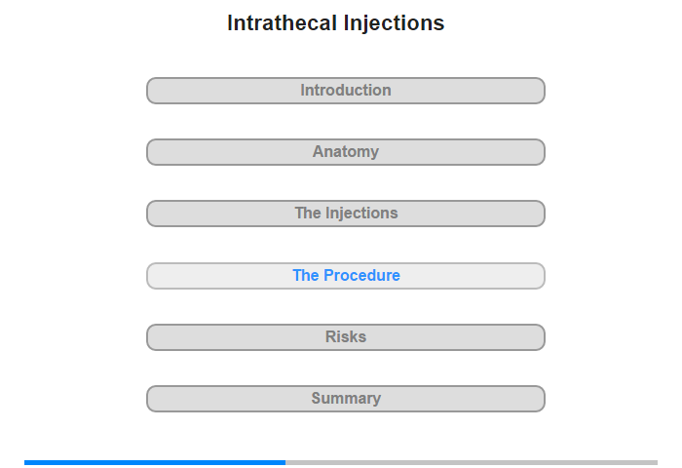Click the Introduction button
pos(346,91)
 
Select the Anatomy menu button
pos(346,152)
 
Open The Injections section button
pos(346,214)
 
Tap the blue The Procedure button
pos(346,276)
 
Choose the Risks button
pos(346,337)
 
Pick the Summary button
pos(346,399)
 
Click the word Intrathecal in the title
pos(283,23)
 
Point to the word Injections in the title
pos(394,24)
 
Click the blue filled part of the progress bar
pos(155,462)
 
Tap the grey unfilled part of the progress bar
pos(472,462)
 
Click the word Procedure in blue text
pos(361,275)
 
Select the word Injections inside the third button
pos(361,214)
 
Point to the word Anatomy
pos(346,152)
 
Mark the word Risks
pos(346,336)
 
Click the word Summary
pos(346,399)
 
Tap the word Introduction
pos(346,90)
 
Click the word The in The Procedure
pos(306,275)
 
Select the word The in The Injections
pos(308,213)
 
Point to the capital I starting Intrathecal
pos(230,23)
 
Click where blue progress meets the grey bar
pos(285,462)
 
